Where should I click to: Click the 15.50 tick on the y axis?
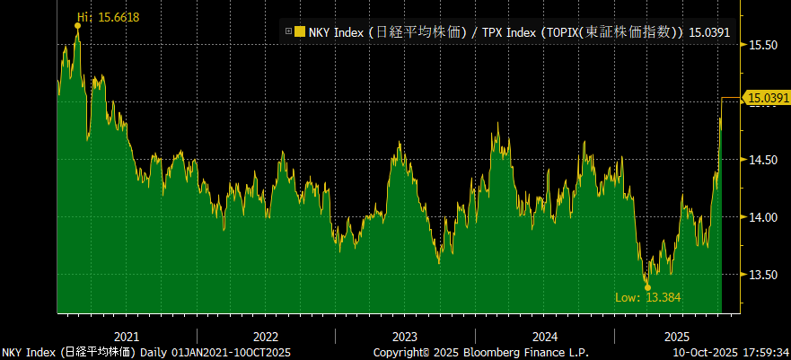(763, 44)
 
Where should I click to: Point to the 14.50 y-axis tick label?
(763, 159)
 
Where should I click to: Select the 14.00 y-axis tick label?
(763, 216)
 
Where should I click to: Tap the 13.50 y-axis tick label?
(763, 274)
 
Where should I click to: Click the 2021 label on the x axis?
(127, 336)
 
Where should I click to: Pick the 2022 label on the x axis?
(266, 336)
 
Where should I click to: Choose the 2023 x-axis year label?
(406, 336)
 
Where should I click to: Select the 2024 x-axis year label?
(545, 336)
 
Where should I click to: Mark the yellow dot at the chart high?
(77, 26)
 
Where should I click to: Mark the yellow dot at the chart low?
(647, 287)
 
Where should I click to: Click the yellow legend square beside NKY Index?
(300, 32)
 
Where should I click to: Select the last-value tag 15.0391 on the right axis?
(768, 97)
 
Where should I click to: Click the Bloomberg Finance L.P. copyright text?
(504, 352)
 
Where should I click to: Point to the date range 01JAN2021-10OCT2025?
(232, 352)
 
